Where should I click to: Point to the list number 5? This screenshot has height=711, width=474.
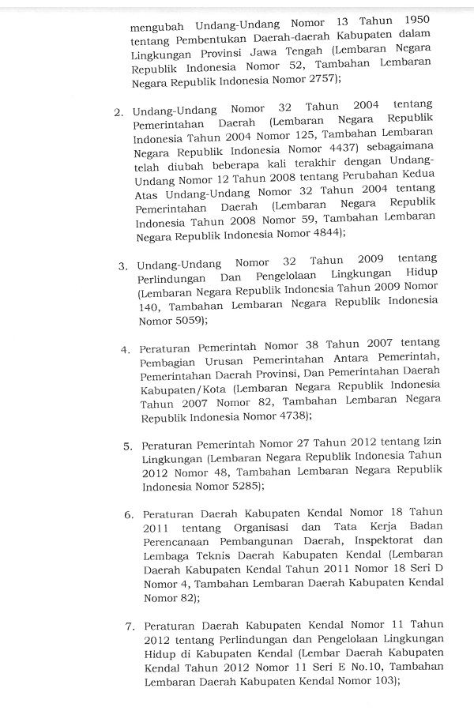(x=127, y=446)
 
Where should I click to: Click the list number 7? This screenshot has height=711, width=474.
(x=130, y=626)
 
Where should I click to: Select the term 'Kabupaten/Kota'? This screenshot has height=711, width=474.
(x=179, y=389)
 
